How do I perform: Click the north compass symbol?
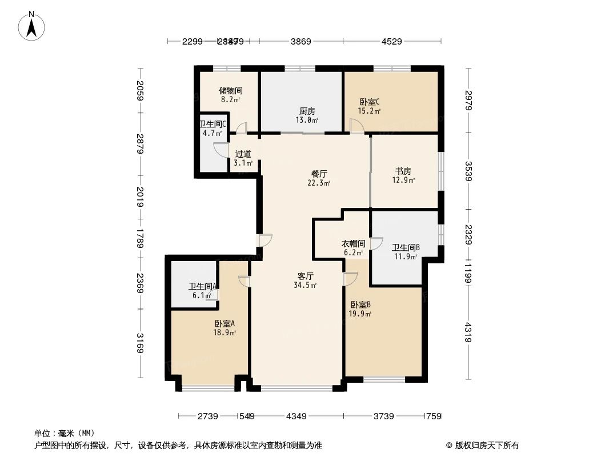[33, 26]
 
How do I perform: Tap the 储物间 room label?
[231, 94]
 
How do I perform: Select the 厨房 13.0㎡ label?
[307, 115]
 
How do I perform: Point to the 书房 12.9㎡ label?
[404, 175]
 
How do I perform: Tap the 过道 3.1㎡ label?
[243, 158]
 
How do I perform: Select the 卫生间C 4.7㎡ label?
[213, 129]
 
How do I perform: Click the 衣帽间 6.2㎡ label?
[353, 247]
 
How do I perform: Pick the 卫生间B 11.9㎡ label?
[406, 251]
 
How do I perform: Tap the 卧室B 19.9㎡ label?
[361, 308]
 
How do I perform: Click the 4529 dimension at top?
[392, 41]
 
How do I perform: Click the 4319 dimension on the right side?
[468, 333]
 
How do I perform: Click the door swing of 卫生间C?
[220, 150]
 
